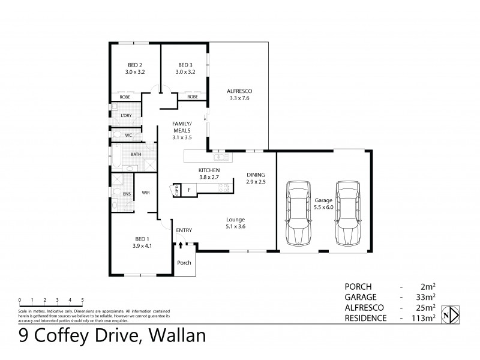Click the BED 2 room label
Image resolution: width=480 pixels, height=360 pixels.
click(x=135, y=65)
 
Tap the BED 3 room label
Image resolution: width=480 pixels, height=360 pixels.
click(x=185, y=65)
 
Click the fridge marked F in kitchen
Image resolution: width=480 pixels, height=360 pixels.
click(x=190, y=190)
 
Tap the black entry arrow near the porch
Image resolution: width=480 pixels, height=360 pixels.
click(x=181, y=245)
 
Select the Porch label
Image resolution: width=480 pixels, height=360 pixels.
click(x=184, y=263)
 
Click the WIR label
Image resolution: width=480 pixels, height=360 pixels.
click(x=146, y=193)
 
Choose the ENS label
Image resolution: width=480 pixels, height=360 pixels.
click(x=127, y=193)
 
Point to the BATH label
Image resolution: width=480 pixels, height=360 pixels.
click(x=136, y=155)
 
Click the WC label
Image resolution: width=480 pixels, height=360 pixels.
click(x=128, y=135)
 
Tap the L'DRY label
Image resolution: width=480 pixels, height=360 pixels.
click(x=127, y=115)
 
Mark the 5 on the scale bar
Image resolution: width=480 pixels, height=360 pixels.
click(x=82, y=299)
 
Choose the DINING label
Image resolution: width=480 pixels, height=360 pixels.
click(x=256, y=175)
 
